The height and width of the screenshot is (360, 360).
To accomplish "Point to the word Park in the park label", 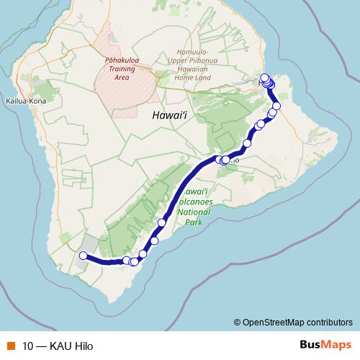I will (192, 222).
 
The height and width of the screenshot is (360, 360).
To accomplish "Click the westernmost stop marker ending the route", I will (83, 256).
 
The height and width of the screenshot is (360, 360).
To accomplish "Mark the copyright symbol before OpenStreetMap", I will (238, 323).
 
